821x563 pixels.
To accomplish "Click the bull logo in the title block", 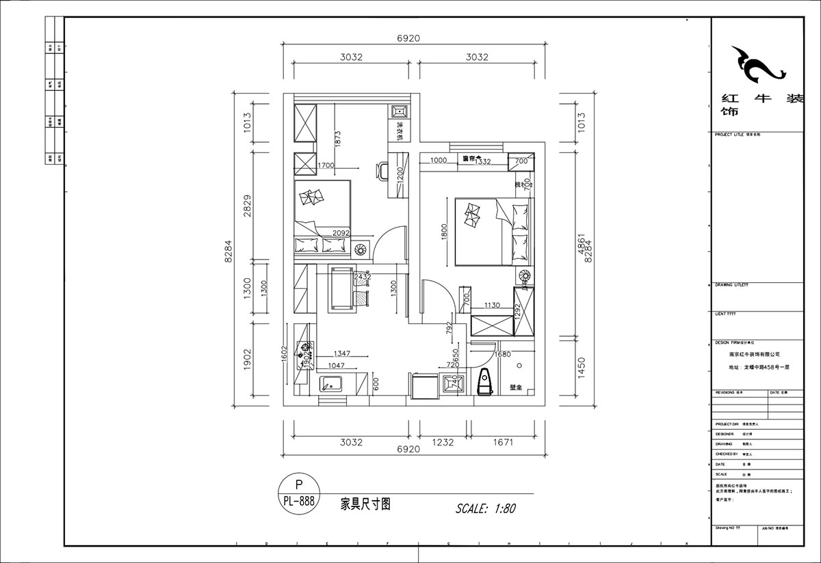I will coord(755,66).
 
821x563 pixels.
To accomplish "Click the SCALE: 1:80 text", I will coord(485,508).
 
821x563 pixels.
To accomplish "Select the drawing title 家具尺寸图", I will coord(365,505).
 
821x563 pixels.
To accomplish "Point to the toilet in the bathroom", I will coord(485,381).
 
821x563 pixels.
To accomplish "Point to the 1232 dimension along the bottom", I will coord(443,442).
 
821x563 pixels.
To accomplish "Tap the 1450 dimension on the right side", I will coord(581,368).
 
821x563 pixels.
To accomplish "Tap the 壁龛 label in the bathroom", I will coord(517,388).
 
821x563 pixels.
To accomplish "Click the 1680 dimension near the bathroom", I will coord(502,354).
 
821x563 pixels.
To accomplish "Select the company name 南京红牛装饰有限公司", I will coord(755,355).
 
